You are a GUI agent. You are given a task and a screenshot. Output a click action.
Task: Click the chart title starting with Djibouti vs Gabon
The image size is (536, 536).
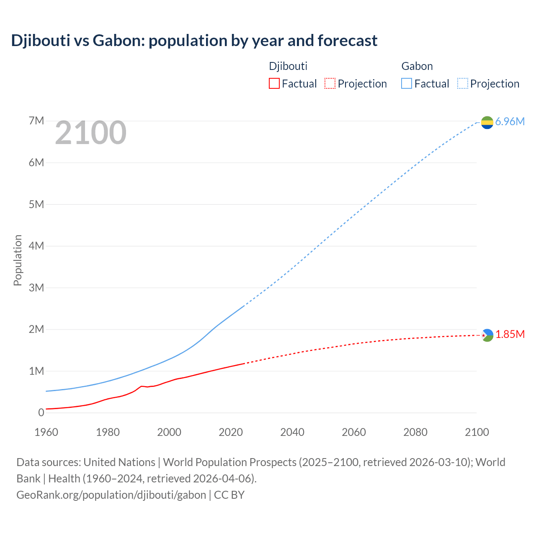click(x=194, y=41)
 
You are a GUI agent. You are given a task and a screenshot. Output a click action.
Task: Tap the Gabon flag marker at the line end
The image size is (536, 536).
click(x=487, y=122)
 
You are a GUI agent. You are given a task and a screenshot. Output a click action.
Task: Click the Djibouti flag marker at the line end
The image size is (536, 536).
click(x=487, y=335)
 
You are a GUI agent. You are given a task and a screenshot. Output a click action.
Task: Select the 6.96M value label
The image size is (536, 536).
click(x=510, y=121)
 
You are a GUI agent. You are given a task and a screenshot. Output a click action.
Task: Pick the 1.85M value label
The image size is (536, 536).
click(x=510, y=334)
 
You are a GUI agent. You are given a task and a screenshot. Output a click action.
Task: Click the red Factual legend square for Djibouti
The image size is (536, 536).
click(x=274, y=83)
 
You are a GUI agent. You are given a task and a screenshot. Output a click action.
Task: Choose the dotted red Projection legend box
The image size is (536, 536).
click(x=330, y=83)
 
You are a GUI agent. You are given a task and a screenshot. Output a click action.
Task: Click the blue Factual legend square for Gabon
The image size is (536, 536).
click(x=406, y=83)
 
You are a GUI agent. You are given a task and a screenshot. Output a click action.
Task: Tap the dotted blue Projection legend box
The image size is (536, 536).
click(x=462, y=83)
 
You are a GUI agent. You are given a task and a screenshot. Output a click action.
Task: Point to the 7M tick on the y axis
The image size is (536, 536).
click(x=36, y=121)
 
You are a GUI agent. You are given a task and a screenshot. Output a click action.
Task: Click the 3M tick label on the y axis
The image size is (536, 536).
click(x=36, y=288)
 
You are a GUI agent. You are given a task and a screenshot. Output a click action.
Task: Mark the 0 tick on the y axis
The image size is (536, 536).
click(x=41, y=412)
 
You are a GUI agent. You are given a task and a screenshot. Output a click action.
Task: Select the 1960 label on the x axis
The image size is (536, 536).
click(x=46, y=432)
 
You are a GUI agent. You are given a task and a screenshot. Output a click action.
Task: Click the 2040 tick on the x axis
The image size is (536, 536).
click(x=292, y=432)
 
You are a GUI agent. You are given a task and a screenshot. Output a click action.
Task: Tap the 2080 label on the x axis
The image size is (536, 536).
click(x=415, y=432)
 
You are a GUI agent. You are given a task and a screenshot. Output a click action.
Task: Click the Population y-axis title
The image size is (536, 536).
click(x=18, y=260)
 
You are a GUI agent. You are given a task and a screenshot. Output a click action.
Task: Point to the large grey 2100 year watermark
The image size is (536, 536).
click(x=90, y=133)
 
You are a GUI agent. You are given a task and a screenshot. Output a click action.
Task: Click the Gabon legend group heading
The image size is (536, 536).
click(x=417, y=66)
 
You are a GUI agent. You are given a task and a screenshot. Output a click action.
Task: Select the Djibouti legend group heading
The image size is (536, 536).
click(x=288, y=66)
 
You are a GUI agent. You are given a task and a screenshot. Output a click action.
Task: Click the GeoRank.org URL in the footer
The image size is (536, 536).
click(x=111, y=495)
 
